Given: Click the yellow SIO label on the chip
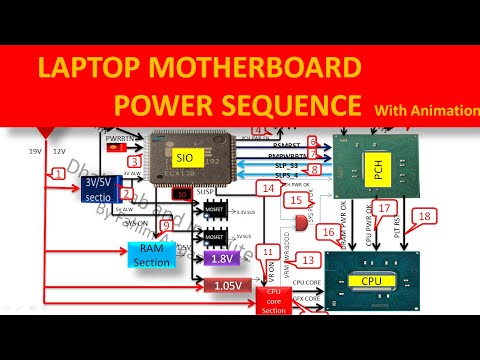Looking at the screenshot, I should (x=184, y=158).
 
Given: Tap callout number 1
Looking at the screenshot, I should (x=61, y=173).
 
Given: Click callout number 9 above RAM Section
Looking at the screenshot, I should (x=167, y=227).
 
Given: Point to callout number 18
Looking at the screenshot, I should (x=426, y=216).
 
